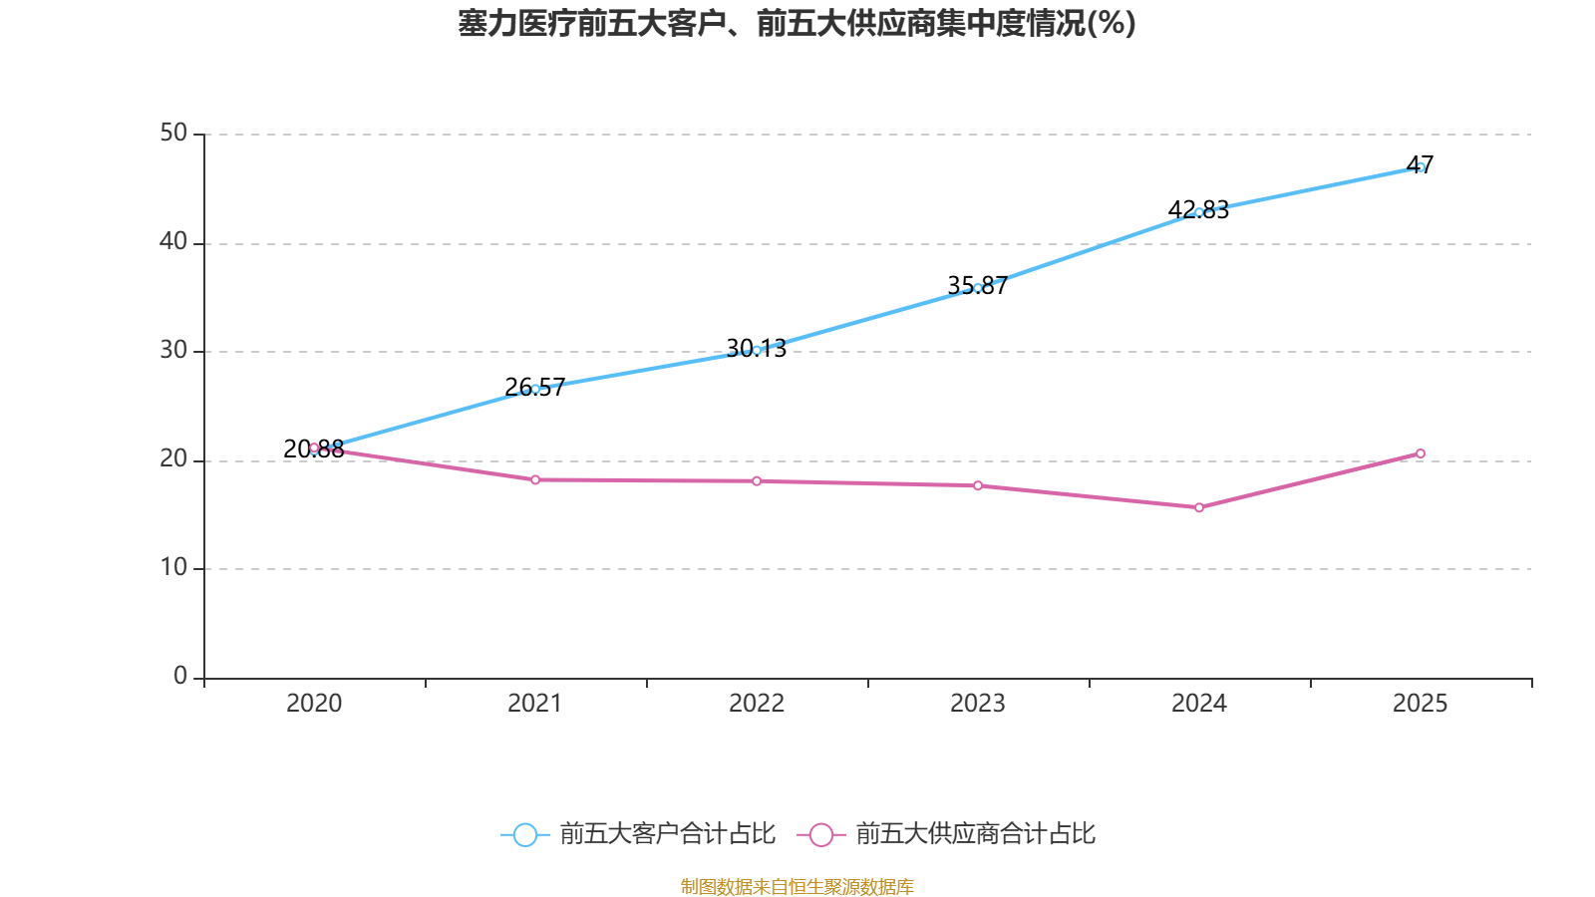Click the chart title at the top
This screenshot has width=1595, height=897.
pos(797,24)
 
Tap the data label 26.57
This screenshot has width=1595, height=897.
pos(534,388)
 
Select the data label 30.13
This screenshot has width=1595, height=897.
pos(757,348)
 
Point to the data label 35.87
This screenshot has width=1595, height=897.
pos(978,285)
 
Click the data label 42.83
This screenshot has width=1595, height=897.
pos(1198,210)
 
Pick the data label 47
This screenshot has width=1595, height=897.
pos(1420,165)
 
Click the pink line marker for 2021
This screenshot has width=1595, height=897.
pos(535,479)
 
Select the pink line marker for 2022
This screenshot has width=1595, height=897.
pos(757,481)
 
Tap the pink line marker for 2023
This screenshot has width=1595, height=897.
pos(978,485)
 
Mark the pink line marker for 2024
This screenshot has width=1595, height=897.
pos(1199,507)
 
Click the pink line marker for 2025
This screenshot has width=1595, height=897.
pos(1420,453)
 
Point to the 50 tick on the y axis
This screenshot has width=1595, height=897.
pos(173,134)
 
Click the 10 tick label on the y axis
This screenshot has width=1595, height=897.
pos(173,568)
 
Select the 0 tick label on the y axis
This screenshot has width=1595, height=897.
pos(180,677)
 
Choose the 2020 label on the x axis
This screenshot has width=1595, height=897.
pos(314,704)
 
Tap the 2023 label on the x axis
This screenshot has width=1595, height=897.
pos(978,704)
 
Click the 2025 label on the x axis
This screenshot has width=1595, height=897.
pos(1420,704)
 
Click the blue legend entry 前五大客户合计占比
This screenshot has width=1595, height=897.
pos(638,833)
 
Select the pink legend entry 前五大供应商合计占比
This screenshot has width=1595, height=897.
pos(946,833)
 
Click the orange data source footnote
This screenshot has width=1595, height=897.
pos(797,886)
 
